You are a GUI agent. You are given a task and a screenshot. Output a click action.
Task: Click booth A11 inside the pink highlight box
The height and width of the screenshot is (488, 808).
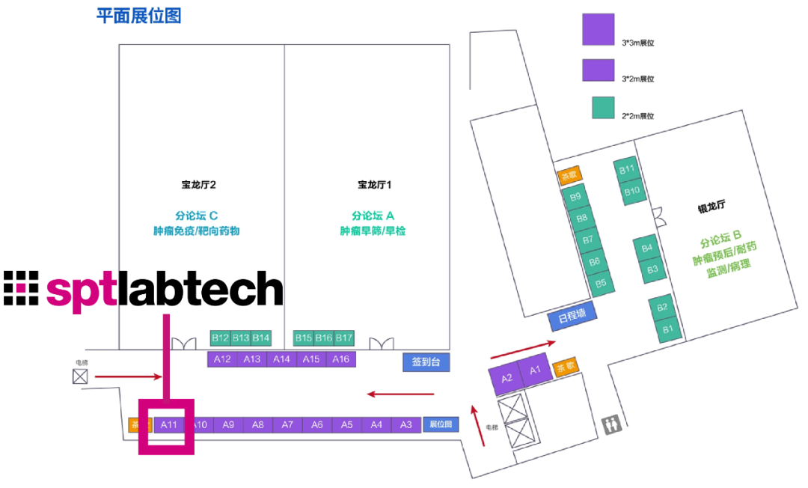pos(168,425)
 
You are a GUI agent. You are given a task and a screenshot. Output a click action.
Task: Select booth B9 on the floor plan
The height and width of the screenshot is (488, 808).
pos(575,197)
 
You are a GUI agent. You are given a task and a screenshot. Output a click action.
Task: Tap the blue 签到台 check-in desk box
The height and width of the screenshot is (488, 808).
pos(426,362)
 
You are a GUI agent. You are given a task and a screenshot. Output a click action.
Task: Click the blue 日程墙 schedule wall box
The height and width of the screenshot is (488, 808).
pos(572,316)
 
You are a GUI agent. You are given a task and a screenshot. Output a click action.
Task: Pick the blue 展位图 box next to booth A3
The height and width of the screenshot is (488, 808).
pos(441,424)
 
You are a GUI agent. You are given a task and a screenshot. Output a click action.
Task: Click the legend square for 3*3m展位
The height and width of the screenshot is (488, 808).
pos(598,29)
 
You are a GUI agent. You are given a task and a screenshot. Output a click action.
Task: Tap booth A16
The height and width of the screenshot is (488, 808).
pos(340,359)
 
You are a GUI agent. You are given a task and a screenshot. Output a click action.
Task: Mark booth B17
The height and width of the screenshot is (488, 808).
pos(343,338)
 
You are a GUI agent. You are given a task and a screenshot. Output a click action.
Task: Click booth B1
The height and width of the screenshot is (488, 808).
pos(668,329)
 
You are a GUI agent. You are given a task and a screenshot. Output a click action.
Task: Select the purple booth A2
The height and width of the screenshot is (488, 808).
pos(506,379)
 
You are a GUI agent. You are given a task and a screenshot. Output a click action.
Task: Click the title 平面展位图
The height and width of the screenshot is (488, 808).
pos(139,15)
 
